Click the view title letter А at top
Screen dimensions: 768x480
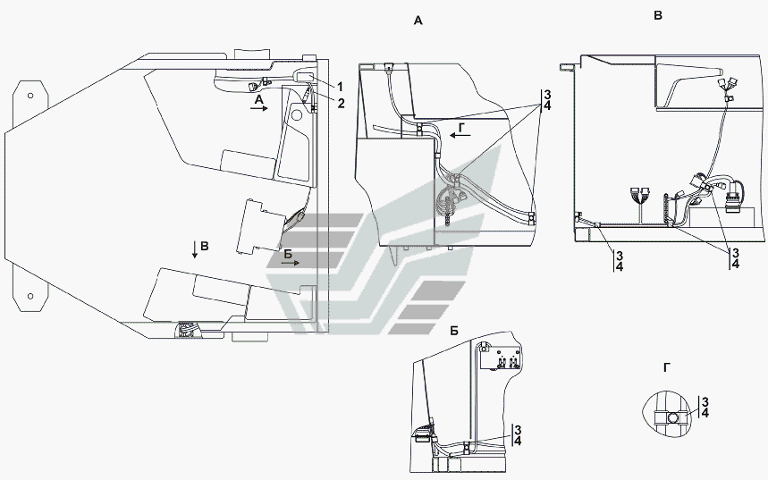[x=418, y=21]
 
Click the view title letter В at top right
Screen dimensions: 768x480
[x=658, y=16]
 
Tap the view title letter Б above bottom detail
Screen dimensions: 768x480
[x=454, y=332]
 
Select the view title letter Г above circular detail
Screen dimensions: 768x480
[x=666, y=367]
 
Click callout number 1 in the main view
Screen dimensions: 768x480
[x=340, y=87]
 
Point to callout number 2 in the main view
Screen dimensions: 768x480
[x=341, y=103]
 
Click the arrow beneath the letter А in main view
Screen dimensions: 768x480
[x=259, y=108]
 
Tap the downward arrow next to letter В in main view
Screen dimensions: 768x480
[x=195, y=249]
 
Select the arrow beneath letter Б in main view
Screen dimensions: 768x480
[x=291, y=263]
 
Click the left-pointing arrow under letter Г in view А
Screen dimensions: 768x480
[x=460, y=135]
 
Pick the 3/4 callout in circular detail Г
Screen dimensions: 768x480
[x=705, y=408]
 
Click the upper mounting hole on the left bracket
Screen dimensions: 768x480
[x=30, y=96]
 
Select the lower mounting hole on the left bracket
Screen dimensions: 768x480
[x=30, y=297]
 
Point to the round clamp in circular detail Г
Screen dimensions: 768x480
[x=673, y=417]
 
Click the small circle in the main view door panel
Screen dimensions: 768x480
[x=296, y=115]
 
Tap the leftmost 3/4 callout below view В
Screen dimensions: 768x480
[x=619, y=261]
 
